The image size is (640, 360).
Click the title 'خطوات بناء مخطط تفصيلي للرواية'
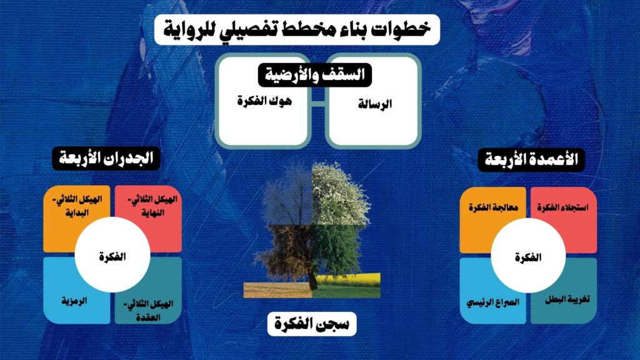point(297,29)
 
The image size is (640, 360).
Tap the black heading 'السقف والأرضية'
point(315,75)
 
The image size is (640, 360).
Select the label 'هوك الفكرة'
point(264,101)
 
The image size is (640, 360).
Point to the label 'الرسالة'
point(375,104)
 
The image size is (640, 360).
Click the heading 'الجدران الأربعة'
point(106,158)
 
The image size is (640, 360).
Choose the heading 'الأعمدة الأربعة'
point(531,159)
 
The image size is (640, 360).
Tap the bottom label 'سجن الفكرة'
point(312,324)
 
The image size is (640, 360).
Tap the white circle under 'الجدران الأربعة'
point(112,255)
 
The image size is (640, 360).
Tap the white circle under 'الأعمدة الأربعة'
point(528,256)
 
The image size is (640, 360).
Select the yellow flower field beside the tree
point(348,279)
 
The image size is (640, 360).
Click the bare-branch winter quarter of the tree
point(287,196)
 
